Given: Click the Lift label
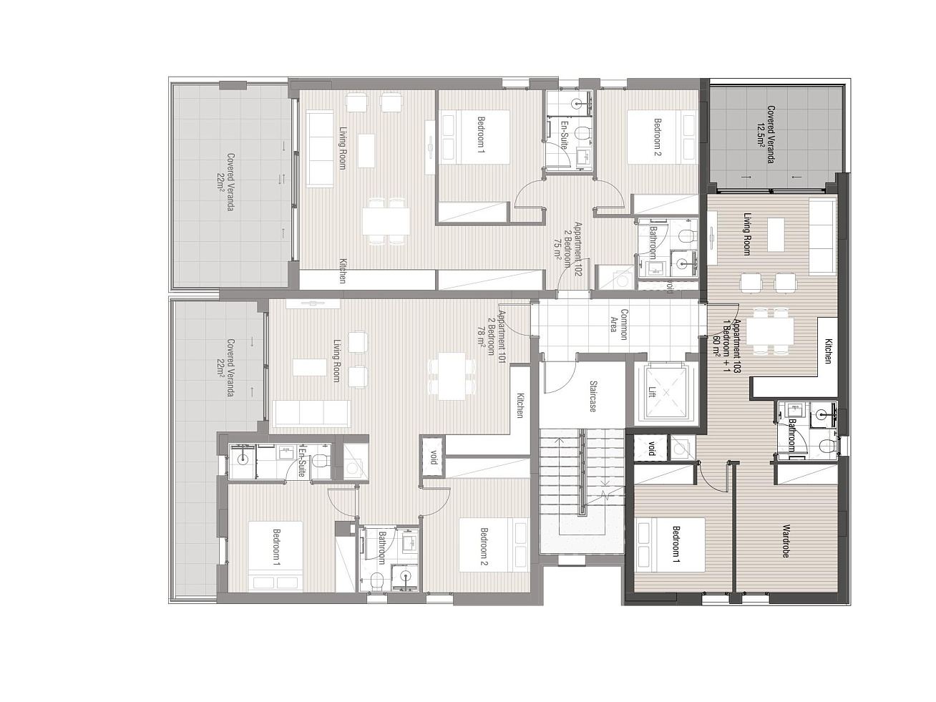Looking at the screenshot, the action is (651, 391).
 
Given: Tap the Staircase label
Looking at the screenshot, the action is (593, 396).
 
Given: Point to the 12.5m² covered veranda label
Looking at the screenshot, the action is (766, 135).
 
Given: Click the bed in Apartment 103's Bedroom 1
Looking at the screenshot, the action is (670, 545).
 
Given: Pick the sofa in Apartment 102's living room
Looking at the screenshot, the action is (320, 149).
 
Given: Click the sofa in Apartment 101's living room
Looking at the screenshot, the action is (311, 414).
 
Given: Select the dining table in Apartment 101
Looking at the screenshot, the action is (452, 376).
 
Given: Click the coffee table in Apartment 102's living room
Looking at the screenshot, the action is (366, 151).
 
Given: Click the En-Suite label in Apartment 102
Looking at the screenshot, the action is (563, 135).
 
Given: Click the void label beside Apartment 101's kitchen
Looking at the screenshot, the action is (434, 457).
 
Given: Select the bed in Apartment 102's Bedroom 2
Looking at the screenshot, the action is (662, 137).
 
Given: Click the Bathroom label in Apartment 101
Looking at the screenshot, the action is (381, 547).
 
